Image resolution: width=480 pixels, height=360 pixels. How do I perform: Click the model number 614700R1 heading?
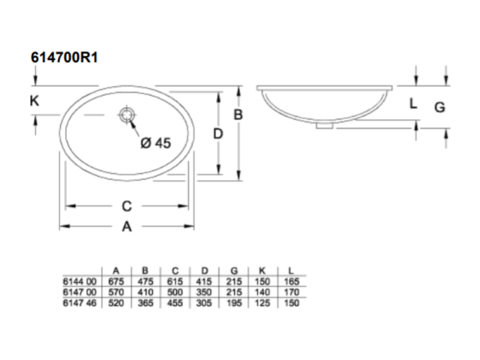[x=64, y=57]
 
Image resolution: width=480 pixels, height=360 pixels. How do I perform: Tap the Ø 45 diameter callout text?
[x=156, y=143]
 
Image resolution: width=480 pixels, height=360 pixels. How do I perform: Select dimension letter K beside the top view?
[x=34, y=100]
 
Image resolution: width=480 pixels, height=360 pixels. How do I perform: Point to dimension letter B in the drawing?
[x=238, y=115]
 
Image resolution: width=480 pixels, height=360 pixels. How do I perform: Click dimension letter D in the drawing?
[x=218, y=134]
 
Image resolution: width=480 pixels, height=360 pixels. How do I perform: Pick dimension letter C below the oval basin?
[x=127, y=206]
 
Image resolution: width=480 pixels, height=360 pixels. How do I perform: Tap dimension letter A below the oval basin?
[x=127, y=227]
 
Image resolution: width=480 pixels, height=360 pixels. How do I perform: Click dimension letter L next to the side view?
[x=413, y=104]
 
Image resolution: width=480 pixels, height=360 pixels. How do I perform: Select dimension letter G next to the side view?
[x=440, y=108]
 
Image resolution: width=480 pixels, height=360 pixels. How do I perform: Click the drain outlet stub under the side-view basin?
[x=325, y=125]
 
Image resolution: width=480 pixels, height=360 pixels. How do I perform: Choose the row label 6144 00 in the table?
[x=80, y=281]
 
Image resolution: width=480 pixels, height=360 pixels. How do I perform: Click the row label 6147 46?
[x=80, y=303]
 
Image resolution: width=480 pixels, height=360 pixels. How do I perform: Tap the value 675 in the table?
[x=116, y=281]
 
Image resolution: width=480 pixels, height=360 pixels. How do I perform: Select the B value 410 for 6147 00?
[x=145, y=292]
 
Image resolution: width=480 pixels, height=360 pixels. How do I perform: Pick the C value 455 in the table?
[x=175, y=303]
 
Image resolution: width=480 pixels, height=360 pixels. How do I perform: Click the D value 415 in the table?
[x=204, y=281]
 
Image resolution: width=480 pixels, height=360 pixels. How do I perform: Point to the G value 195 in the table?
[x=234, y=303]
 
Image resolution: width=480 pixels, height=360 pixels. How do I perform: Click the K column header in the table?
[x=262, y=271]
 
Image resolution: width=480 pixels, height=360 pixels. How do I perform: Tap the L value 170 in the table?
[x=291, y=292]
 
